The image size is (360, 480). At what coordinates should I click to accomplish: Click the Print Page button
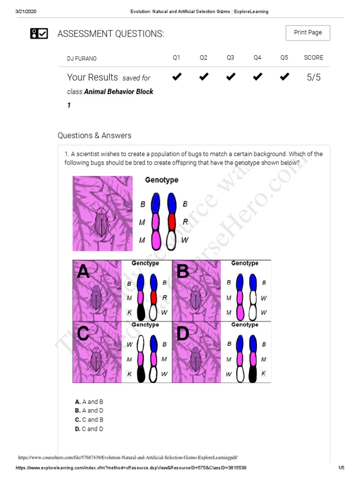click(x=307, y=33)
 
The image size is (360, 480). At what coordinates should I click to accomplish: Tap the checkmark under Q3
click(x=230, y=77)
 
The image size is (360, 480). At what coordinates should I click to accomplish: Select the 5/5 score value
click(x=314, y=77)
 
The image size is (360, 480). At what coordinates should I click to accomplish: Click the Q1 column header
click(x=176, y=58)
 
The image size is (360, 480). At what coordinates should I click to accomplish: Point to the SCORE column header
click(x=313, y=58)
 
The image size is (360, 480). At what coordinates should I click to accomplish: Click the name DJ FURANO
click(x=82, y=59)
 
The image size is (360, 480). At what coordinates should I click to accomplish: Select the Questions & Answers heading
click(x=94, y=135)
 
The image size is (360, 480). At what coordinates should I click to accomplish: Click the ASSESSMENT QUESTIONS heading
click(x=111, y=34)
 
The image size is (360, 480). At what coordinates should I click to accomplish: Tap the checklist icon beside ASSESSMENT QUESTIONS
click(x=39, y=33)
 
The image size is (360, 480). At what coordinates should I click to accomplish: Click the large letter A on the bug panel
click(x=83, y=271)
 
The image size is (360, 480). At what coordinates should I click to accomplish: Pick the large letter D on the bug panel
click(x=183, y=334)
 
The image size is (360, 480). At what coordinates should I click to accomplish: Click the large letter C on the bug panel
click(x=83, y=334)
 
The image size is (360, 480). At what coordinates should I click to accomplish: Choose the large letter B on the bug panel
click(x=183, y=271)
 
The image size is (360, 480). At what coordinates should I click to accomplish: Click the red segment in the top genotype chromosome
click(x=172, y=221)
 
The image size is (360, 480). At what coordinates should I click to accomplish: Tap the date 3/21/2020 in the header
click(x=27, y=12)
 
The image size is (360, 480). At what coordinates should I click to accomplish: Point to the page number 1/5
click(x=341, y=468)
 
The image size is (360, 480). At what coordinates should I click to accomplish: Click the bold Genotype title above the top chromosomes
click(x=161, y=180)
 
